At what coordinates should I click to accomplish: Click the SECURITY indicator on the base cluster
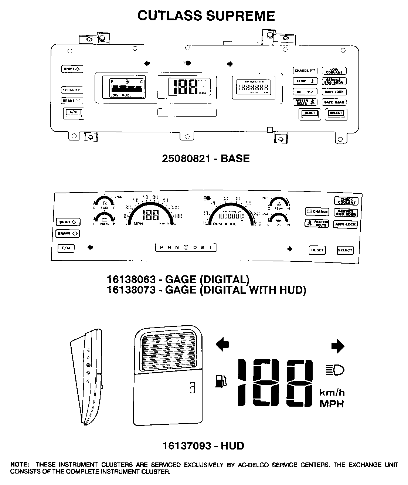click(71, 90)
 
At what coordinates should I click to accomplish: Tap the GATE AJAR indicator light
click(334, 102)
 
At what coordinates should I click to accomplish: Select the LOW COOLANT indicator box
click(334, 71)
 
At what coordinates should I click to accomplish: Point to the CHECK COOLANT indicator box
click(346, 201)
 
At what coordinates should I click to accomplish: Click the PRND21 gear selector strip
click(186, 247)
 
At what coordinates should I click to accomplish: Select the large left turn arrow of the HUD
click(222, 345)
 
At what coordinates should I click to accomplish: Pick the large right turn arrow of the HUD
click(338, 346)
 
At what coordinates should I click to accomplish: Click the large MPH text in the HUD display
click(331, 404)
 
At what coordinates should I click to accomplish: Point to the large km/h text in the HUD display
click(332, 392)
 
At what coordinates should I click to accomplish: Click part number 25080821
click(186, 159)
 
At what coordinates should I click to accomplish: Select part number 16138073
click(131, 289)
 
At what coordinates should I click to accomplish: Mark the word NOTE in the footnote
click(20, 465)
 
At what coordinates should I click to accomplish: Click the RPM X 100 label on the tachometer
click(224, 224)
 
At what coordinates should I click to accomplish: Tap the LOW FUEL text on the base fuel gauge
click(121, 95)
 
